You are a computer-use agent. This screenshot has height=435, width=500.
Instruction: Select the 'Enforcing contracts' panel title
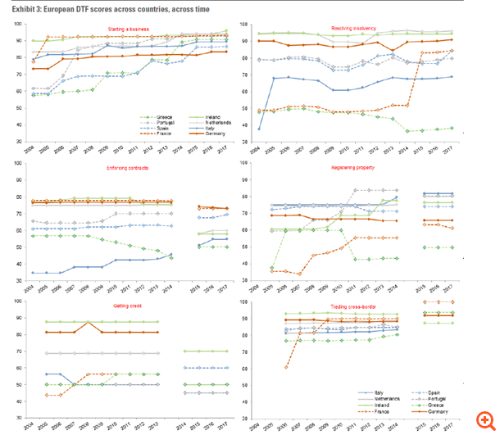coord(127,165)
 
